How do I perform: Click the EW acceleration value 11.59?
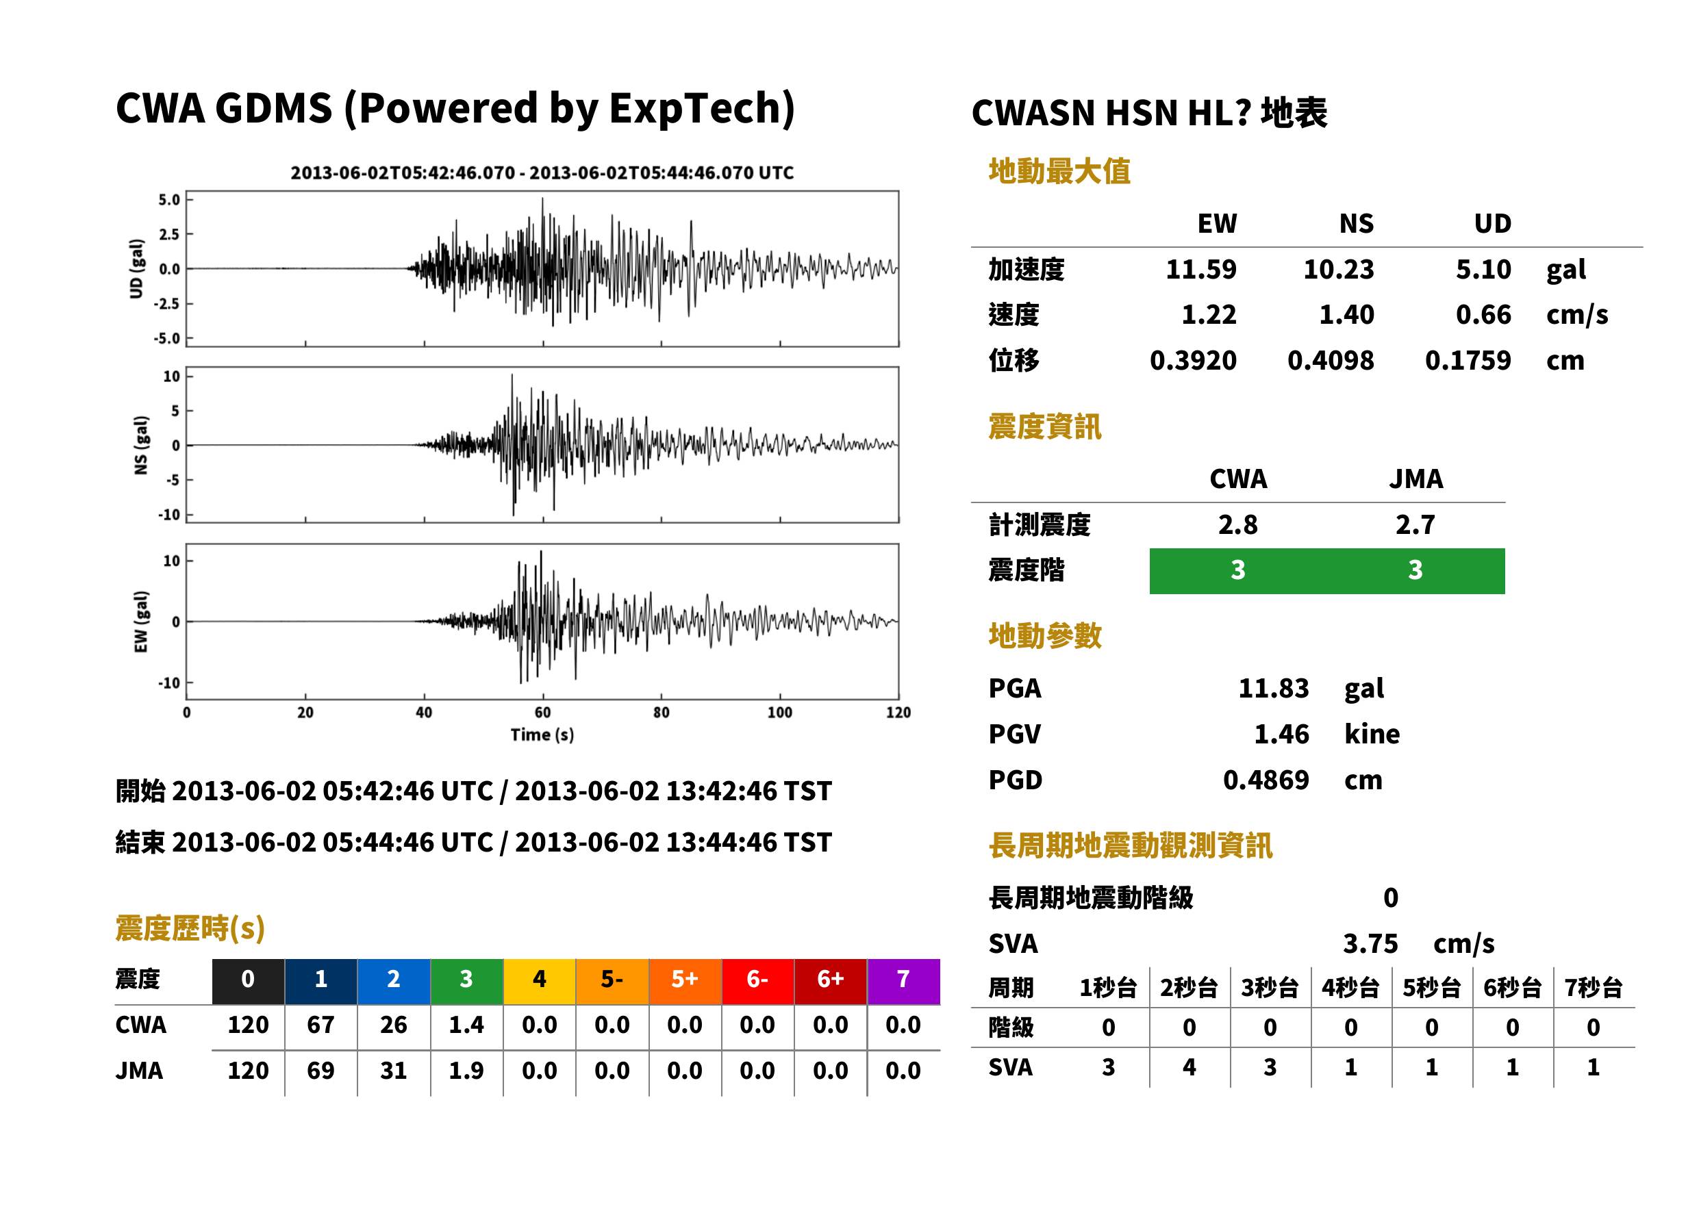(x=1200, y=269)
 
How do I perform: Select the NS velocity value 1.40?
(x=1346, y=314)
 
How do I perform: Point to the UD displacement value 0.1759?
(x=1468, y=360)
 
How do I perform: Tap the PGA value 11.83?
(x=1274, y=688)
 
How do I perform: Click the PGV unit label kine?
(x=1372, y=733)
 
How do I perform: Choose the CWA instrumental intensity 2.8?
(x=1238, y=524)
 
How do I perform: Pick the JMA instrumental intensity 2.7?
(x=1415, y=524)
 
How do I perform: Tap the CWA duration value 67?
(x=320, y=1025)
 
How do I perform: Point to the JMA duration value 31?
(x=394, y=1071)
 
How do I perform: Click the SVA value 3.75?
(x=1370, y=943)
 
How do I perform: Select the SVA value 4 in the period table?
(x=1189, y=1067)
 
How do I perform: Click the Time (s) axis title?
(x=542, y=735)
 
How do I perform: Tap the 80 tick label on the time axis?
(x=662, y=713)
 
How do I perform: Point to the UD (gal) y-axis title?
(x=136, y=269)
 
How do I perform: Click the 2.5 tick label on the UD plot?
(x=169, y=235)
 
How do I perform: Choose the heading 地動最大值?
(x=1059, y=171)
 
